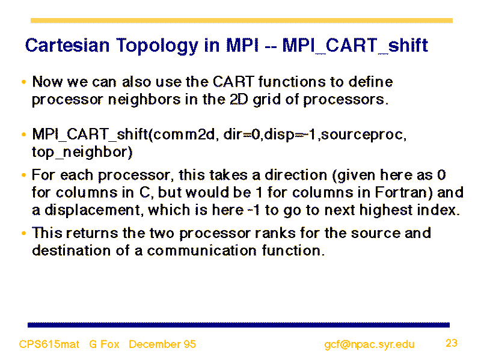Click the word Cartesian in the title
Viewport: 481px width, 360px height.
click(x=67, y=46)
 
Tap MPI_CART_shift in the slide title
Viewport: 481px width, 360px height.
click(x=355, y=46)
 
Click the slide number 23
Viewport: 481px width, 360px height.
click(x=452, y=343)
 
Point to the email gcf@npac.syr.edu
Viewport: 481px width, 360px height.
click(x=369, y=344)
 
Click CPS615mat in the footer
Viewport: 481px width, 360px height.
click(x=49, y=344)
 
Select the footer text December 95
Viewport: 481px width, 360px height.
click(x=162, y=344)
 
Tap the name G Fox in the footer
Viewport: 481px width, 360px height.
click(x=104, y=344)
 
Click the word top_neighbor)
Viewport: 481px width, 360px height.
click(x=82, y=152)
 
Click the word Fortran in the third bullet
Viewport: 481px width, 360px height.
click(x=403, y=192)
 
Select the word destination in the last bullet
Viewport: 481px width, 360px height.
click(x=71, y=251)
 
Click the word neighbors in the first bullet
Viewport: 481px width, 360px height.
click(x=144, y=100)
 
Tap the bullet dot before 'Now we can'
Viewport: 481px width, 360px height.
click(x=24, y=82)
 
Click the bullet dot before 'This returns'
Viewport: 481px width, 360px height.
click(x=24, y=233)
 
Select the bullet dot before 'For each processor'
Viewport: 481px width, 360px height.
click(x=24, y=175)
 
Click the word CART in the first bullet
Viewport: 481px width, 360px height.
click(x=233, y=82)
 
